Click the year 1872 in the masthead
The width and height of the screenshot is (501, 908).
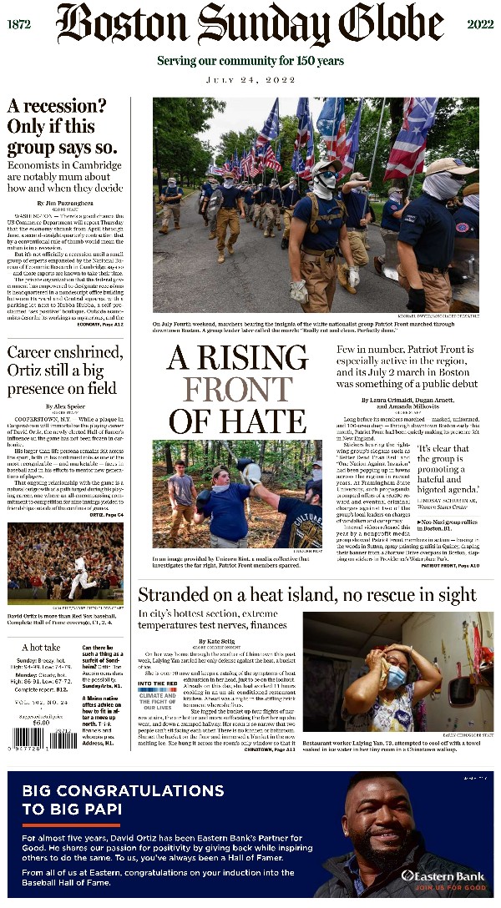pos(18,25)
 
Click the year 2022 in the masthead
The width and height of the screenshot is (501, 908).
pos(481,25)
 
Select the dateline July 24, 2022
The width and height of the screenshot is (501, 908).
pos(250,82)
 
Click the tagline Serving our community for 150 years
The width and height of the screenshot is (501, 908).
pos(250,61)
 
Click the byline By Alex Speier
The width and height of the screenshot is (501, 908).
pos(65,406)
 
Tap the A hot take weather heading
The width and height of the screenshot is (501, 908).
pos(41,647)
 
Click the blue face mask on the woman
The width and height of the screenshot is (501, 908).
pos(396,674)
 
